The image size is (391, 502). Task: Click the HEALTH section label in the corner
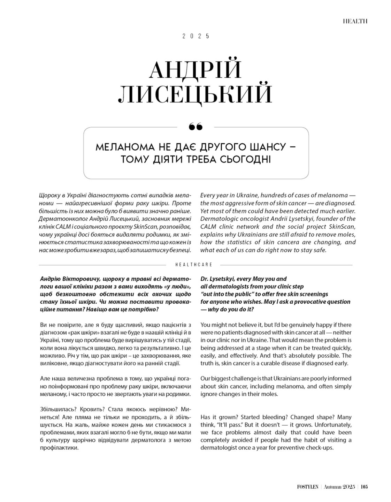[355, 21]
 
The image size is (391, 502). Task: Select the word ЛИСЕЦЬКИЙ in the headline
[195, 93]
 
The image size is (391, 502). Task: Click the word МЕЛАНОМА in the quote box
[120, 146]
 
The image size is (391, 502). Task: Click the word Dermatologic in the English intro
[217, 219]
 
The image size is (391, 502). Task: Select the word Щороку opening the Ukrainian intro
[49, 196]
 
